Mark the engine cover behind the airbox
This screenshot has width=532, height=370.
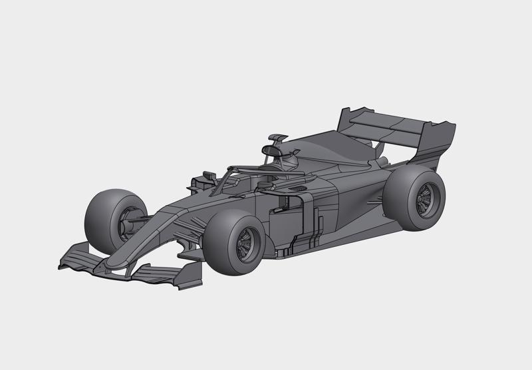click(x=332, y=150)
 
